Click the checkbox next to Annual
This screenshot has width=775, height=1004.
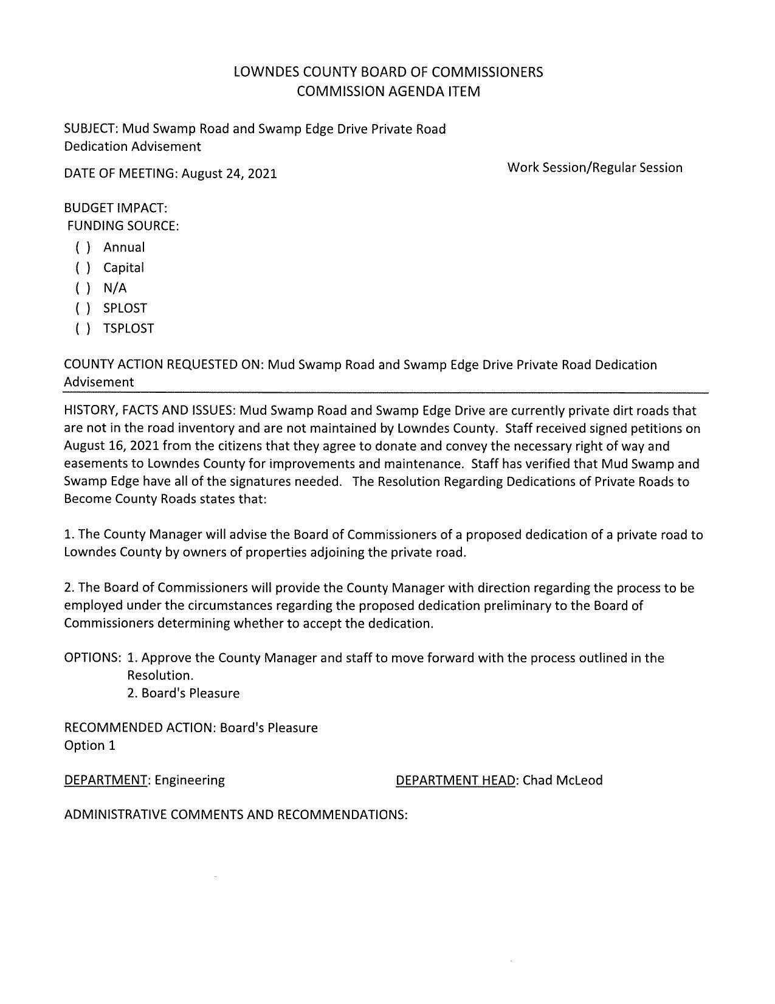(x=83, y=248)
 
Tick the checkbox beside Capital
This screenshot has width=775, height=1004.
(x=83, y=268)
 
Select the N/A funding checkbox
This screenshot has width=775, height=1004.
(x=83, y=288)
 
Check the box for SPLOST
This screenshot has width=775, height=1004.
(x=83, y=308)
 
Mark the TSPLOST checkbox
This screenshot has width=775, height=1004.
(x=83, y=328)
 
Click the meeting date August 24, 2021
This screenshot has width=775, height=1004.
(x=229, y=174)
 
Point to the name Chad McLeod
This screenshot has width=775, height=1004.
(x=562, y=780)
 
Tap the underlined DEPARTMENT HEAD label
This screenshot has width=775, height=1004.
(x=455, y=780)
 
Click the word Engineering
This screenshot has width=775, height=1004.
(x=190, y=780)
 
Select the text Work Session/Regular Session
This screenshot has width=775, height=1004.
(x=594, y=168)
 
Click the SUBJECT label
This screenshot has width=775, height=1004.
(x=91, y=130)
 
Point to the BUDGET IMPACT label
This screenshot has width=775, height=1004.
(x=115, y=208)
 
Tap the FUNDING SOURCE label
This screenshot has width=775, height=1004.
(x=123, y=226)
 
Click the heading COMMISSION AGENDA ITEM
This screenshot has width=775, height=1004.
(x=388, y=92)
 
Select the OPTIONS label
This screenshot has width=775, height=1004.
(x=92, y=658)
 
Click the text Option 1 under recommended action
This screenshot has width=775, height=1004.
(x=89, y=746)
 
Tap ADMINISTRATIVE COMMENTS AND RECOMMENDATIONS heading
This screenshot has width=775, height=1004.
(x=235, y=815)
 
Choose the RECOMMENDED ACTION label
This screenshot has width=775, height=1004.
(x=140, y=728)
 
